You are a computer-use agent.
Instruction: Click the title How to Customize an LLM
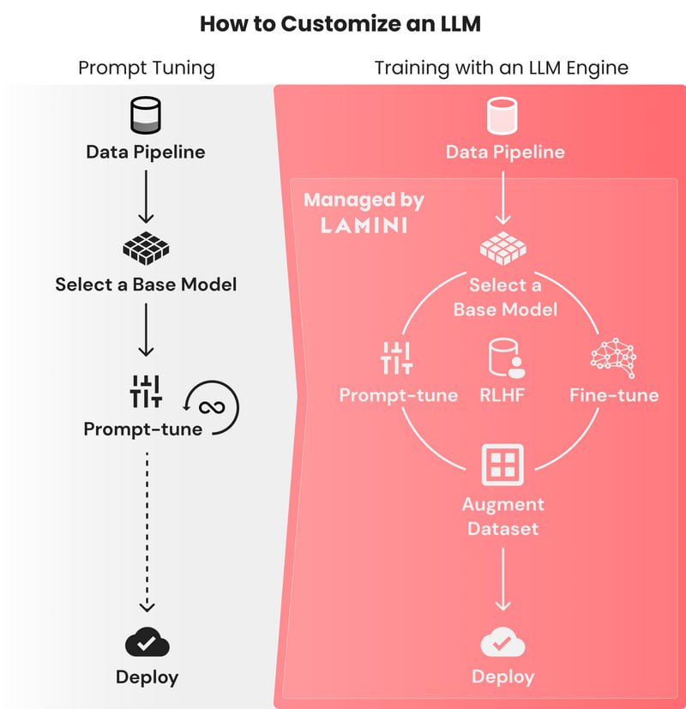[340, 23]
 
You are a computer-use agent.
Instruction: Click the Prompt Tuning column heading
[147, 68]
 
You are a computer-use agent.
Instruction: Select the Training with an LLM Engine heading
[502, 68]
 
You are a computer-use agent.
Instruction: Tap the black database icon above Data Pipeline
[145, 115]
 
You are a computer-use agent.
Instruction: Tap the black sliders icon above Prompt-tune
[145, 391]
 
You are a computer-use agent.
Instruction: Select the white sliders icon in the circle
[396, 358]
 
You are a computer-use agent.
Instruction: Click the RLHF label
[502, 395]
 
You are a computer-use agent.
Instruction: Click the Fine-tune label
[614, 395]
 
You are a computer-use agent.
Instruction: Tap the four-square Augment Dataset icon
[502, 465]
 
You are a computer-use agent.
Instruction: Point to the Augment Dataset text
[502, 516]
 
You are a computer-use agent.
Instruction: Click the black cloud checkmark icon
[147, 642]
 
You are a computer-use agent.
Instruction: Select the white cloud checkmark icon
[502, 642]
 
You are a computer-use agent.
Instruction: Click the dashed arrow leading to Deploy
[147, 532]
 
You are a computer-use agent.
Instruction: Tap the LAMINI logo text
[364, 225]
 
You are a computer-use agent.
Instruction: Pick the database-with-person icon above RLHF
[502, 358]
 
